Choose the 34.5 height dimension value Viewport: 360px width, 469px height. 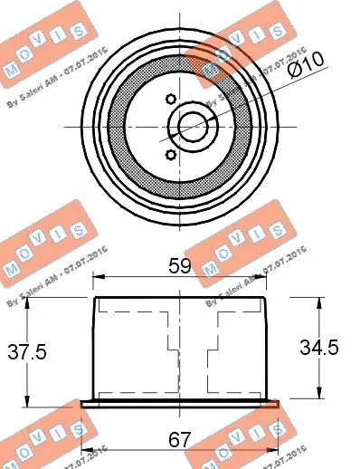coord(321,348)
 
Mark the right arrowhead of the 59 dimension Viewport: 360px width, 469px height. coord(266,281)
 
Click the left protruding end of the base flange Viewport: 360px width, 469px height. coord(84,402)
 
